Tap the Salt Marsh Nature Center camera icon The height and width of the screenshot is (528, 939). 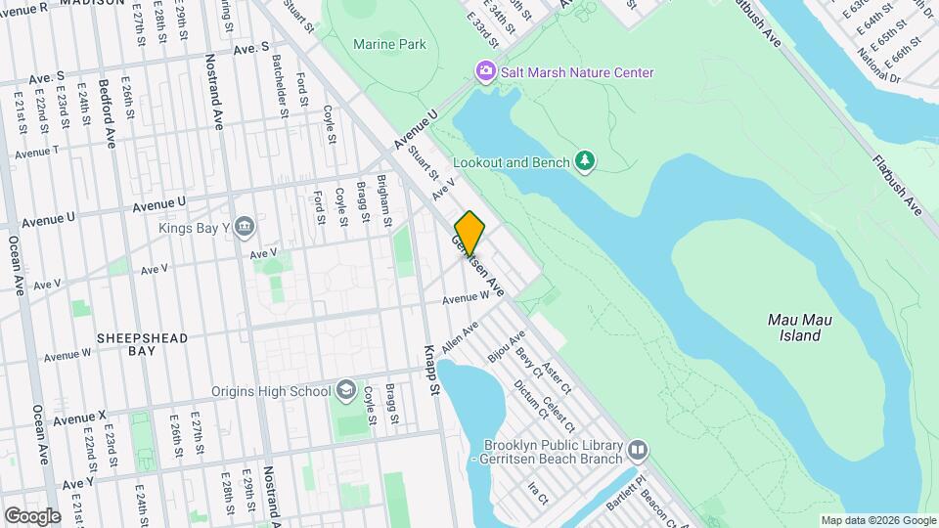click(484, 71)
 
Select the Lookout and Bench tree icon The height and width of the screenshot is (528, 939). click(585, 160)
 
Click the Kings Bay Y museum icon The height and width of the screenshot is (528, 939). click(245, 228)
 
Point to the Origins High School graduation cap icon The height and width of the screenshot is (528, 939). click(345, 391)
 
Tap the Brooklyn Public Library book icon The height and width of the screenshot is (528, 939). click(638, 450)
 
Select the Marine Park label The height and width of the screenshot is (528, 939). click(389, 44)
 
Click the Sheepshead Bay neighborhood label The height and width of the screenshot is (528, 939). click(142, 344)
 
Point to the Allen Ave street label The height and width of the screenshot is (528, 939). click(459, 337)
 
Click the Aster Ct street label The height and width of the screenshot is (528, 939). click(558, 374)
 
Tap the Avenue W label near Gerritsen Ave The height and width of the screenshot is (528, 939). click(465, 298)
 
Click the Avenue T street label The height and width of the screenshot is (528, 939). click(37, 151)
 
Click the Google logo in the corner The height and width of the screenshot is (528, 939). click(32, 515)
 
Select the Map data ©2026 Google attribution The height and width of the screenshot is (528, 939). click(878, 520)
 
